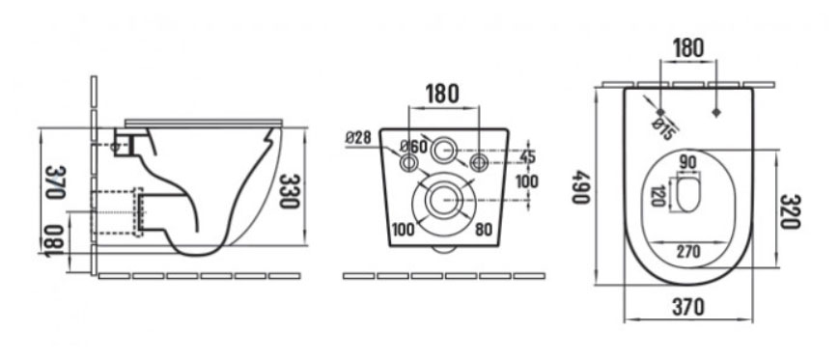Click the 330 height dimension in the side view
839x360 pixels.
coord(289,191)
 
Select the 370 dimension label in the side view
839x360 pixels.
coord(55,181)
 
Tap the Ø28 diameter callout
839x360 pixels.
coord(358,137)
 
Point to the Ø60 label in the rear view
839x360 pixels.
coord(413,146)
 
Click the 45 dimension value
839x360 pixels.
coord(526,157)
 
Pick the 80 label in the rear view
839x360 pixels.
coord(483,230)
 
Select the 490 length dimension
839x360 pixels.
coord(581,186)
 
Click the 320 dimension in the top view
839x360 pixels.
coord(790,210)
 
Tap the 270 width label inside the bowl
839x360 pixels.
coord(689,251)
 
